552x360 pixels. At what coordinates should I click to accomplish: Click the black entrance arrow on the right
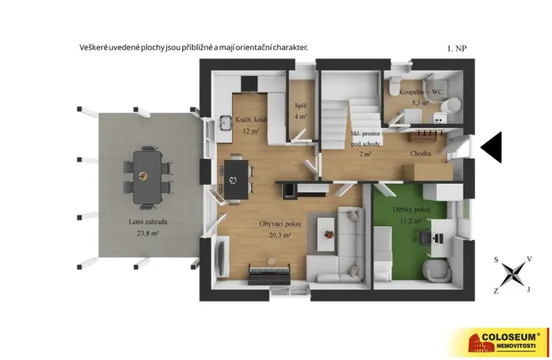click(491, 147)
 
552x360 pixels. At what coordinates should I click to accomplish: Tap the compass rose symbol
click(513, 274)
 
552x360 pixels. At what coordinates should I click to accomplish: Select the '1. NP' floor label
click(457, 48)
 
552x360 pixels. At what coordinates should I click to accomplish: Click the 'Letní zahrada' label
click(148, 222)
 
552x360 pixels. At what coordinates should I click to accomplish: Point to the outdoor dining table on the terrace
click(147, 176)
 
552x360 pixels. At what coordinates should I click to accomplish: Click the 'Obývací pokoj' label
click(280, 224)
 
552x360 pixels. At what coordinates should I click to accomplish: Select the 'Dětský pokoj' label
click(411, 209)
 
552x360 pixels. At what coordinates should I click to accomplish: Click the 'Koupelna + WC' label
click(421, 92)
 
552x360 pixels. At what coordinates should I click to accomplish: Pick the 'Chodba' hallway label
click(420, 154)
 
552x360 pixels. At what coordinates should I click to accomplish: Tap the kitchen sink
click(226, 123)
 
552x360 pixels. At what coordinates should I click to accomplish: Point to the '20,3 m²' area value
click(279, 235)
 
